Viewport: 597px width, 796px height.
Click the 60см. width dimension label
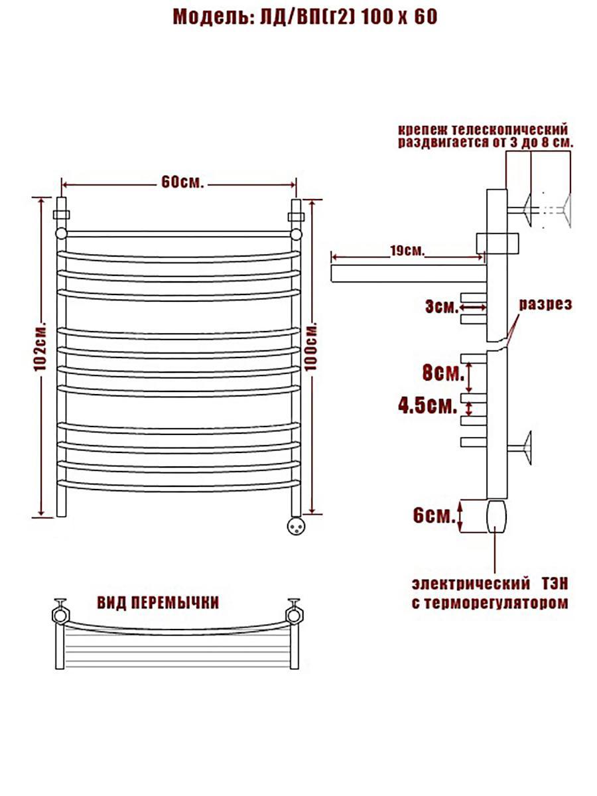click(x=182, y=183)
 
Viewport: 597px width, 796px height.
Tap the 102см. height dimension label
click(x=40, y=346)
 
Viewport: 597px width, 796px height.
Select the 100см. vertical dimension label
click(x=311, y=345)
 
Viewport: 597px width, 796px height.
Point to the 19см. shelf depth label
click(x=407, y=251)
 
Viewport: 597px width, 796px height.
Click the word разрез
click(x=545, y=304)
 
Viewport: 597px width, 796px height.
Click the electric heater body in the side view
click(x=496, y=516)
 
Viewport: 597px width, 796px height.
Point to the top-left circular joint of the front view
click(x=61, y=233)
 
